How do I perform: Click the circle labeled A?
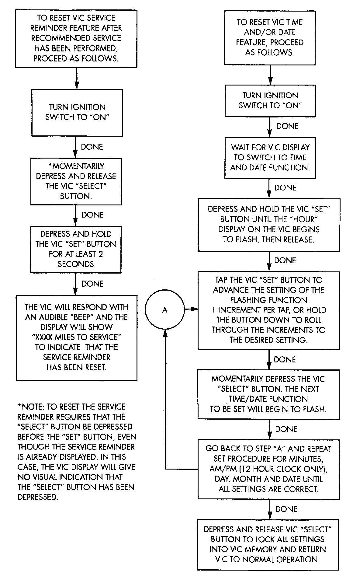pyautogui.click(x=164, y=310)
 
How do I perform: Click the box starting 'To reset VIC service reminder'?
pyautogui.click(x=76, y=39)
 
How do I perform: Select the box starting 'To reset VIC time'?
pyautogui.click(x=270, y=37)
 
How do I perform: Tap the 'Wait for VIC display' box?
pyautogui.click(x=270, y=158)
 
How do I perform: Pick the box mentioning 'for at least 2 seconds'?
pyautogui.click(x=76, y=249)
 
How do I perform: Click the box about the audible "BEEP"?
pyautogui.click(x=76, y=337)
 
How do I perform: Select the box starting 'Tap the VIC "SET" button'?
pyautogui.click(x=269, y=310)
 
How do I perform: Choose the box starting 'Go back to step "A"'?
pyautogui.click(x=268, y=469)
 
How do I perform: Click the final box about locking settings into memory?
pyautogui.click(x=268, y=544)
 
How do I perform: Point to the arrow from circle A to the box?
pyautogui.click(x=191, y=309)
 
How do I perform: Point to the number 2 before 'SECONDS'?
pyautogui.click(x=101, y=254)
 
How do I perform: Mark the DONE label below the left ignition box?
pyautogui.click(x=92, y=147)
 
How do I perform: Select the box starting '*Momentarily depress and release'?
pyautogui.click(x=76, y=181)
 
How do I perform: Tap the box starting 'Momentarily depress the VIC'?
pyautogui.click(x=268, y=394)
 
